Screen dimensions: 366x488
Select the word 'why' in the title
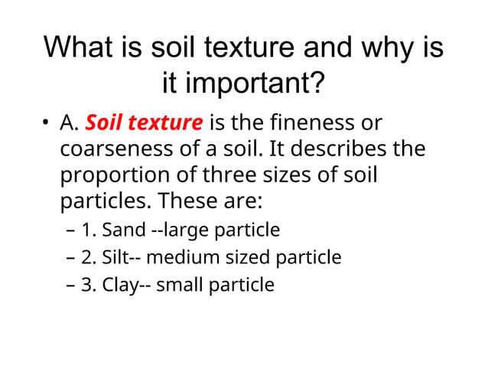[374, 47]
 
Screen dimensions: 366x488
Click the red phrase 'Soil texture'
[145, 123]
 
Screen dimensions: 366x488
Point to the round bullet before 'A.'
[47, 124]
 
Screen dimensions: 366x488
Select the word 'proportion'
[113, 175]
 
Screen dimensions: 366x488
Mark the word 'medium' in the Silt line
[178, 257]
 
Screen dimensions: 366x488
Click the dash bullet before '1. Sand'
[70, 230]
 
